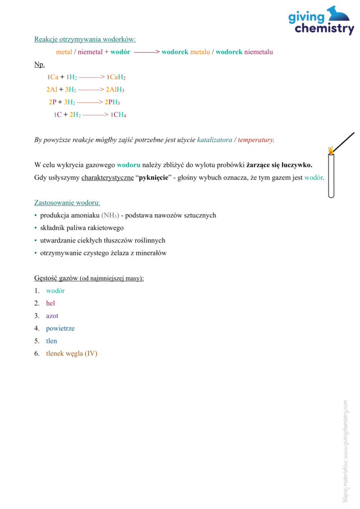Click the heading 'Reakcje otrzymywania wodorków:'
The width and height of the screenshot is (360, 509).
pos(85,39)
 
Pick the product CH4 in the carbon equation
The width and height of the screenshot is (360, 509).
pos(120,115)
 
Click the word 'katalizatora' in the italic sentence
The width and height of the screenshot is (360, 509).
pos(214,140)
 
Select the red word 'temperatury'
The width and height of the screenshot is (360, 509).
pos(256,140)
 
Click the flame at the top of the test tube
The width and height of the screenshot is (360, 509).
pos(330,150)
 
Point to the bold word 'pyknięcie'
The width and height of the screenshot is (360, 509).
pos(152,177)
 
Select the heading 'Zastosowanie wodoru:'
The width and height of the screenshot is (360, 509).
pos(67,203)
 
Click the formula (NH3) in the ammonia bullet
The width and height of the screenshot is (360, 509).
pos(110,216)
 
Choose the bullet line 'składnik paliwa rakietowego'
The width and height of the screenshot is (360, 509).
pos(82,228)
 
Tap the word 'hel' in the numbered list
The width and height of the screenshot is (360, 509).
pos(50,303)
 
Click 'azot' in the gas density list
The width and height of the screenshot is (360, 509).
pos(52,316)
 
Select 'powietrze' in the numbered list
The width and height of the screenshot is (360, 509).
pos(60,329)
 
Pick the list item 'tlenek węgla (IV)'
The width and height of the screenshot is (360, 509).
pos(72,353)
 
